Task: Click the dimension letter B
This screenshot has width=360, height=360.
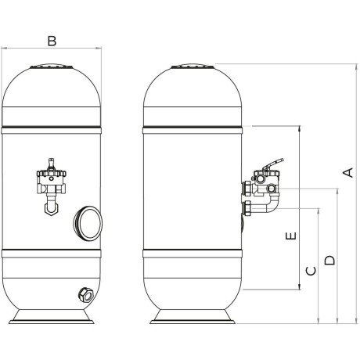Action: pos(52,41)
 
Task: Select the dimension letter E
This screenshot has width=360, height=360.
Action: pos(291,236)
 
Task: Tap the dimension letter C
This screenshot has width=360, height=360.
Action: pos(311,271)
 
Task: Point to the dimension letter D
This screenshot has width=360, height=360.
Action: pos(329,260)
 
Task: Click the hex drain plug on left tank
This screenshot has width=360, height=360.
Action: pos(86,294)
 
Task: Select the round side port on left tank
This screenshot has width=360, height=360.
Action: pos(88,222)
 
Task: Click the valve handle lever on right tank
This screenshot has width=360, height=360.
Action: pos(273,164)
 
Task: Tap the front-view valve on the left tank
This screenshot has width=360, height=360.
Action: pos(52,186)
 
